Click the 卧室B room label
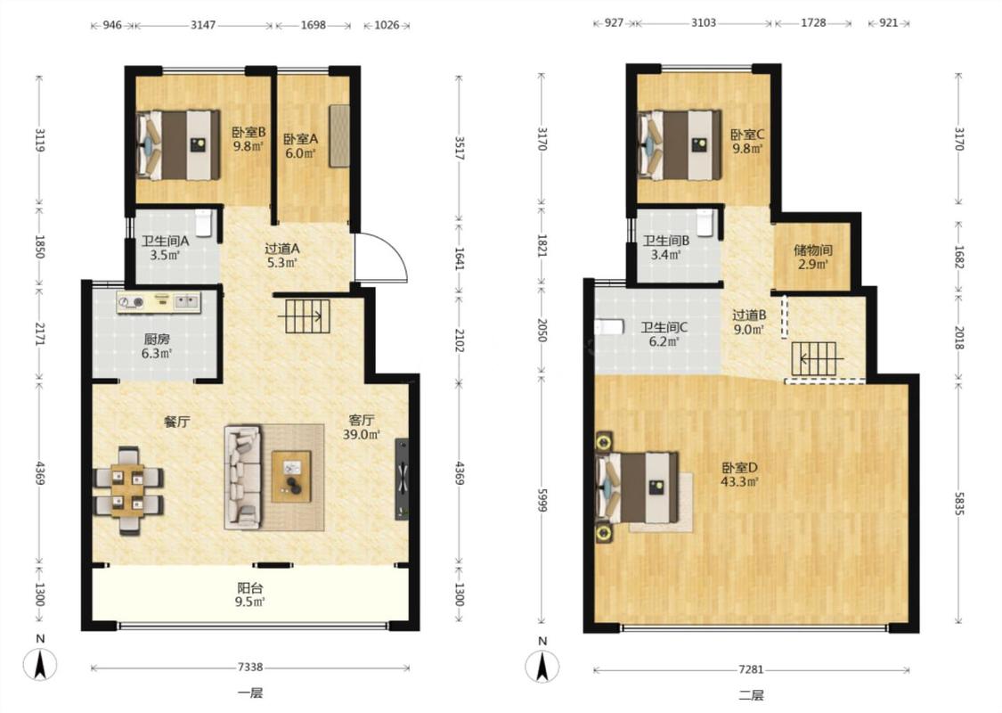[248, 133]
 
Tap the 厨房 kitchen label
[157, 340]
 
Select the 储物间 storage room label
[813, 250]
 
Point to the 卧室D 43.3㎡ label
[739, 474]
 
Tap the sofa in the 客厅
[243, 478]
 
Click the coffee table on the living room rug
[291, 477]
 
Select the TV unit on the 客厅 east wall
[402, 479]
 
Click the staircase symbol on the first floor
[306, 316]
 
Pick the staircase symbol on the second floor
[814, 359]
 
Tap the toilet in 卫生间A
[204, 223]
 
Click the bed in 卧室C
[680, 145]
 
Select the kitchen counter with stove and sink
[159, 302]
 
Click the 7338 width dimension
[250, 667]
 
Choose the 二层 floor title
[751, 695]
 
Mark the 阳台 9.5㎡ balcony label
[250, 594]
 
